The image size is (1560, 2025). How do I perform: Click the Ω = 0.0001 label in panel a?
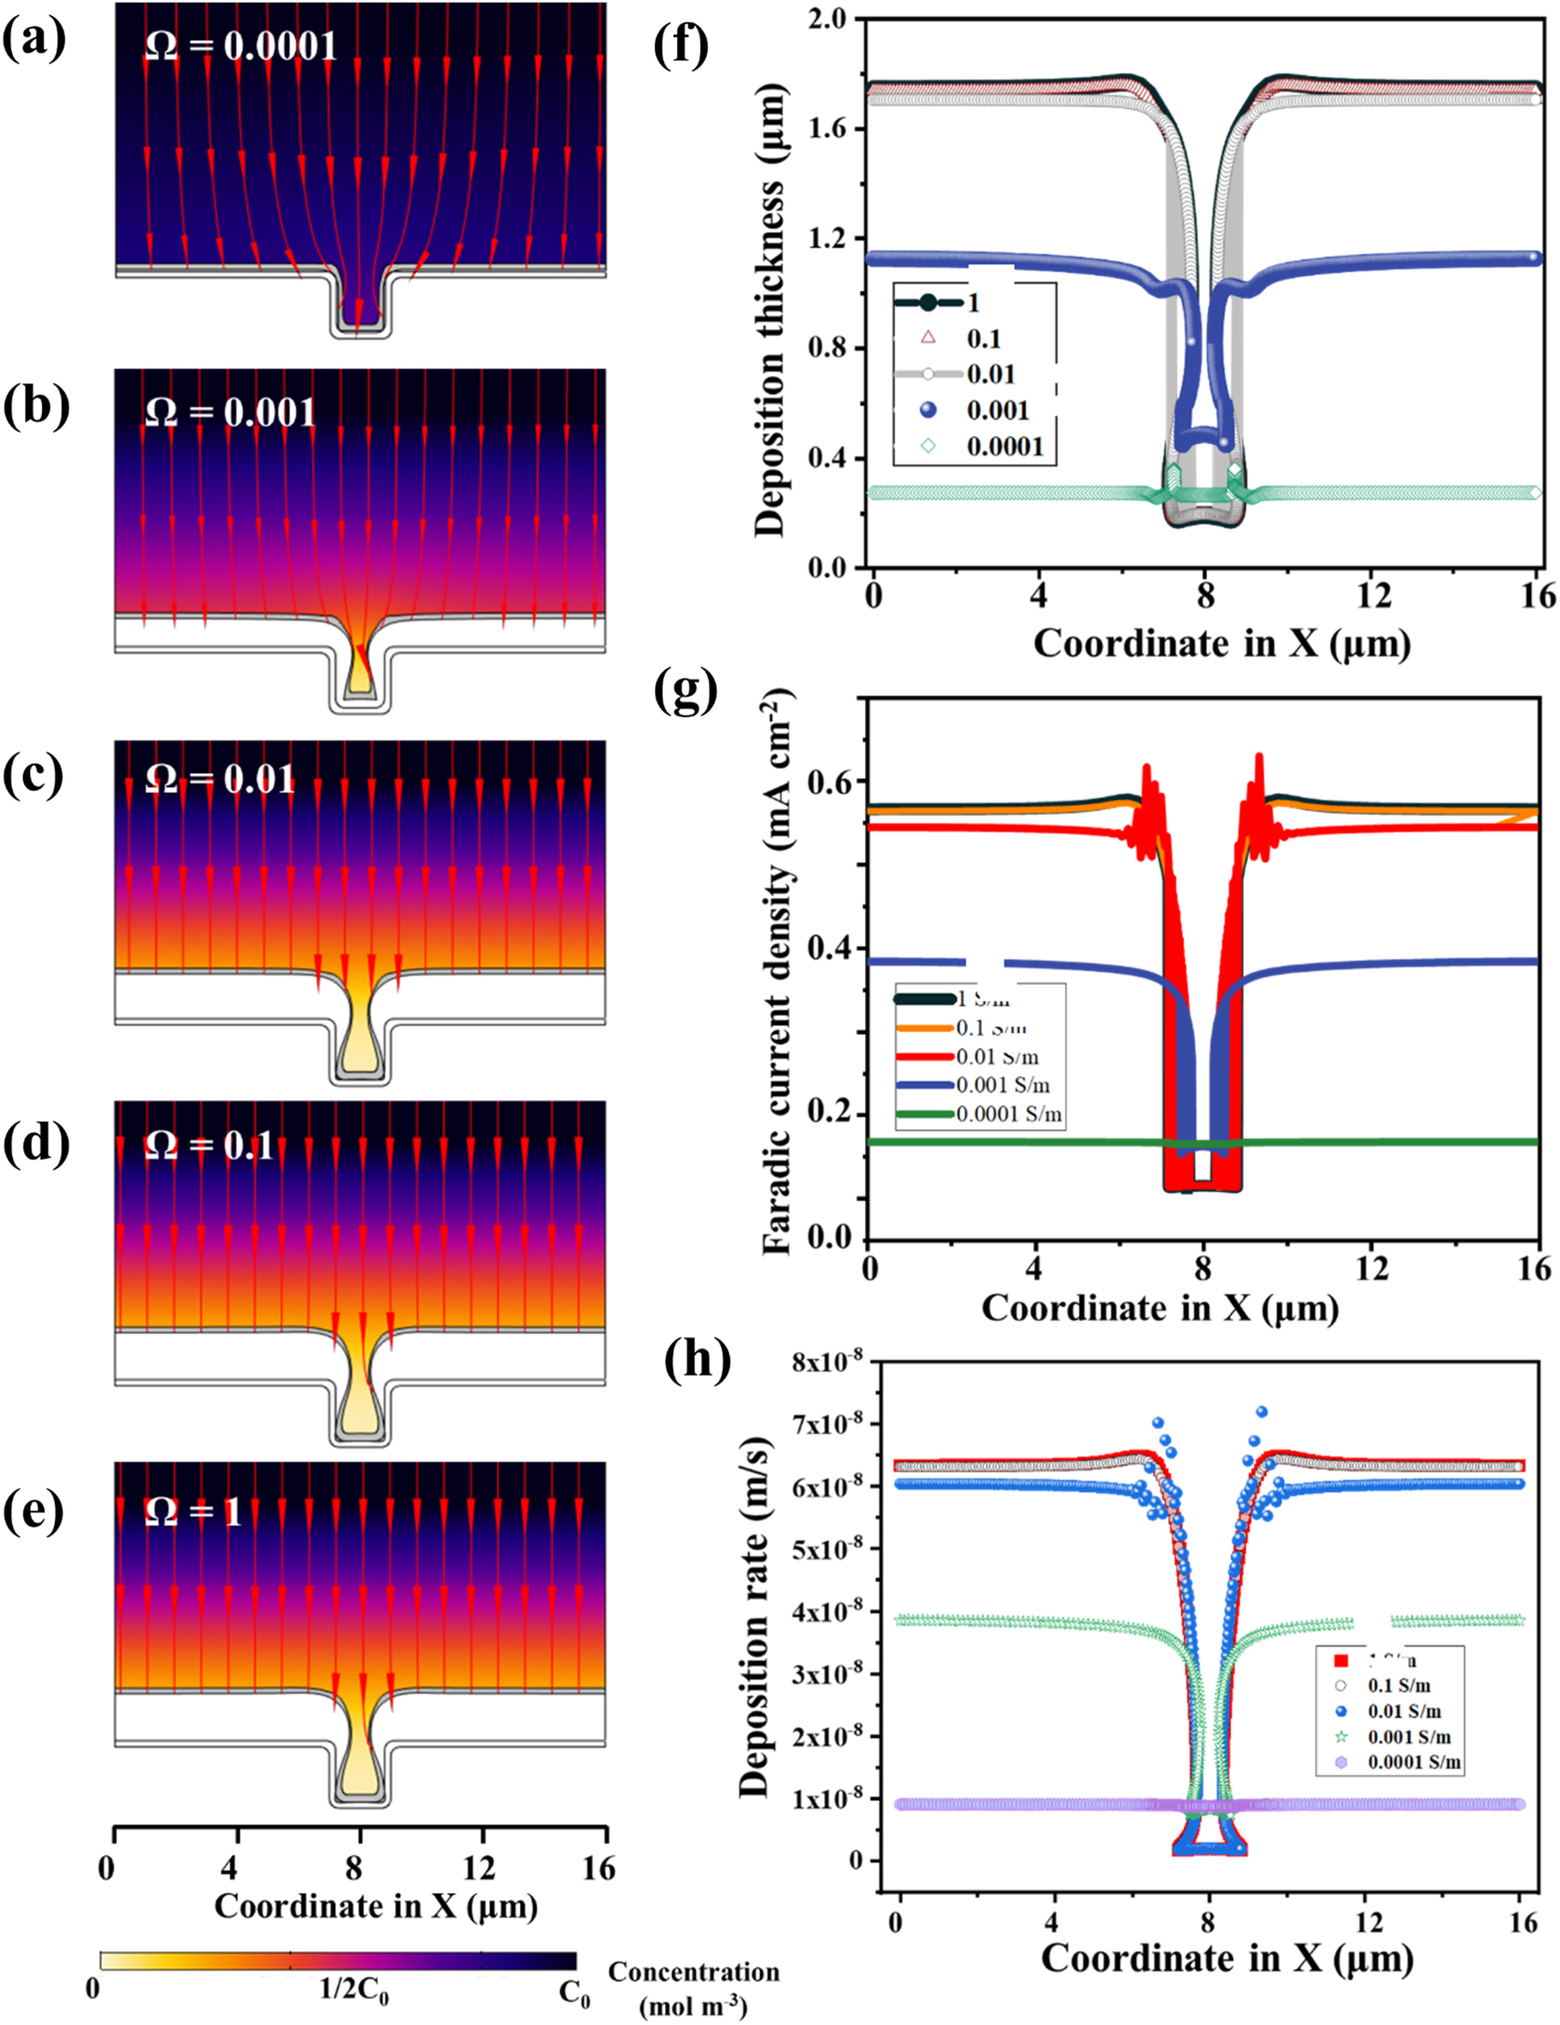[x=241, y=46]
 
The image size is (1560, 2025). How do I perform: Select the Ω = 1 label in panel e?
[x=193, y=1513]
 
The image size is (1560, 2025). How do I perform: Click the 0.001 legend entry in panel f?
[x=998, y=410]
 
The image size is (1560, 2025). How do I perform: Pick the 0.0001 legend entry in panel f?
[x=1005, y=447]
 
